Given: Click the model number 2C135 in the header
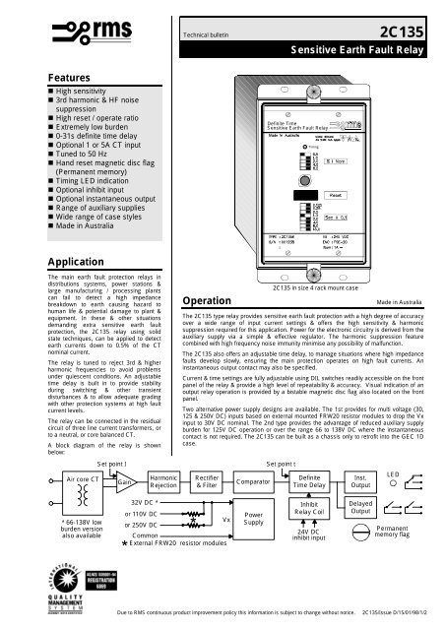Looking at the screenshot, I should pyautogui.click(x=405, y=32).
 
